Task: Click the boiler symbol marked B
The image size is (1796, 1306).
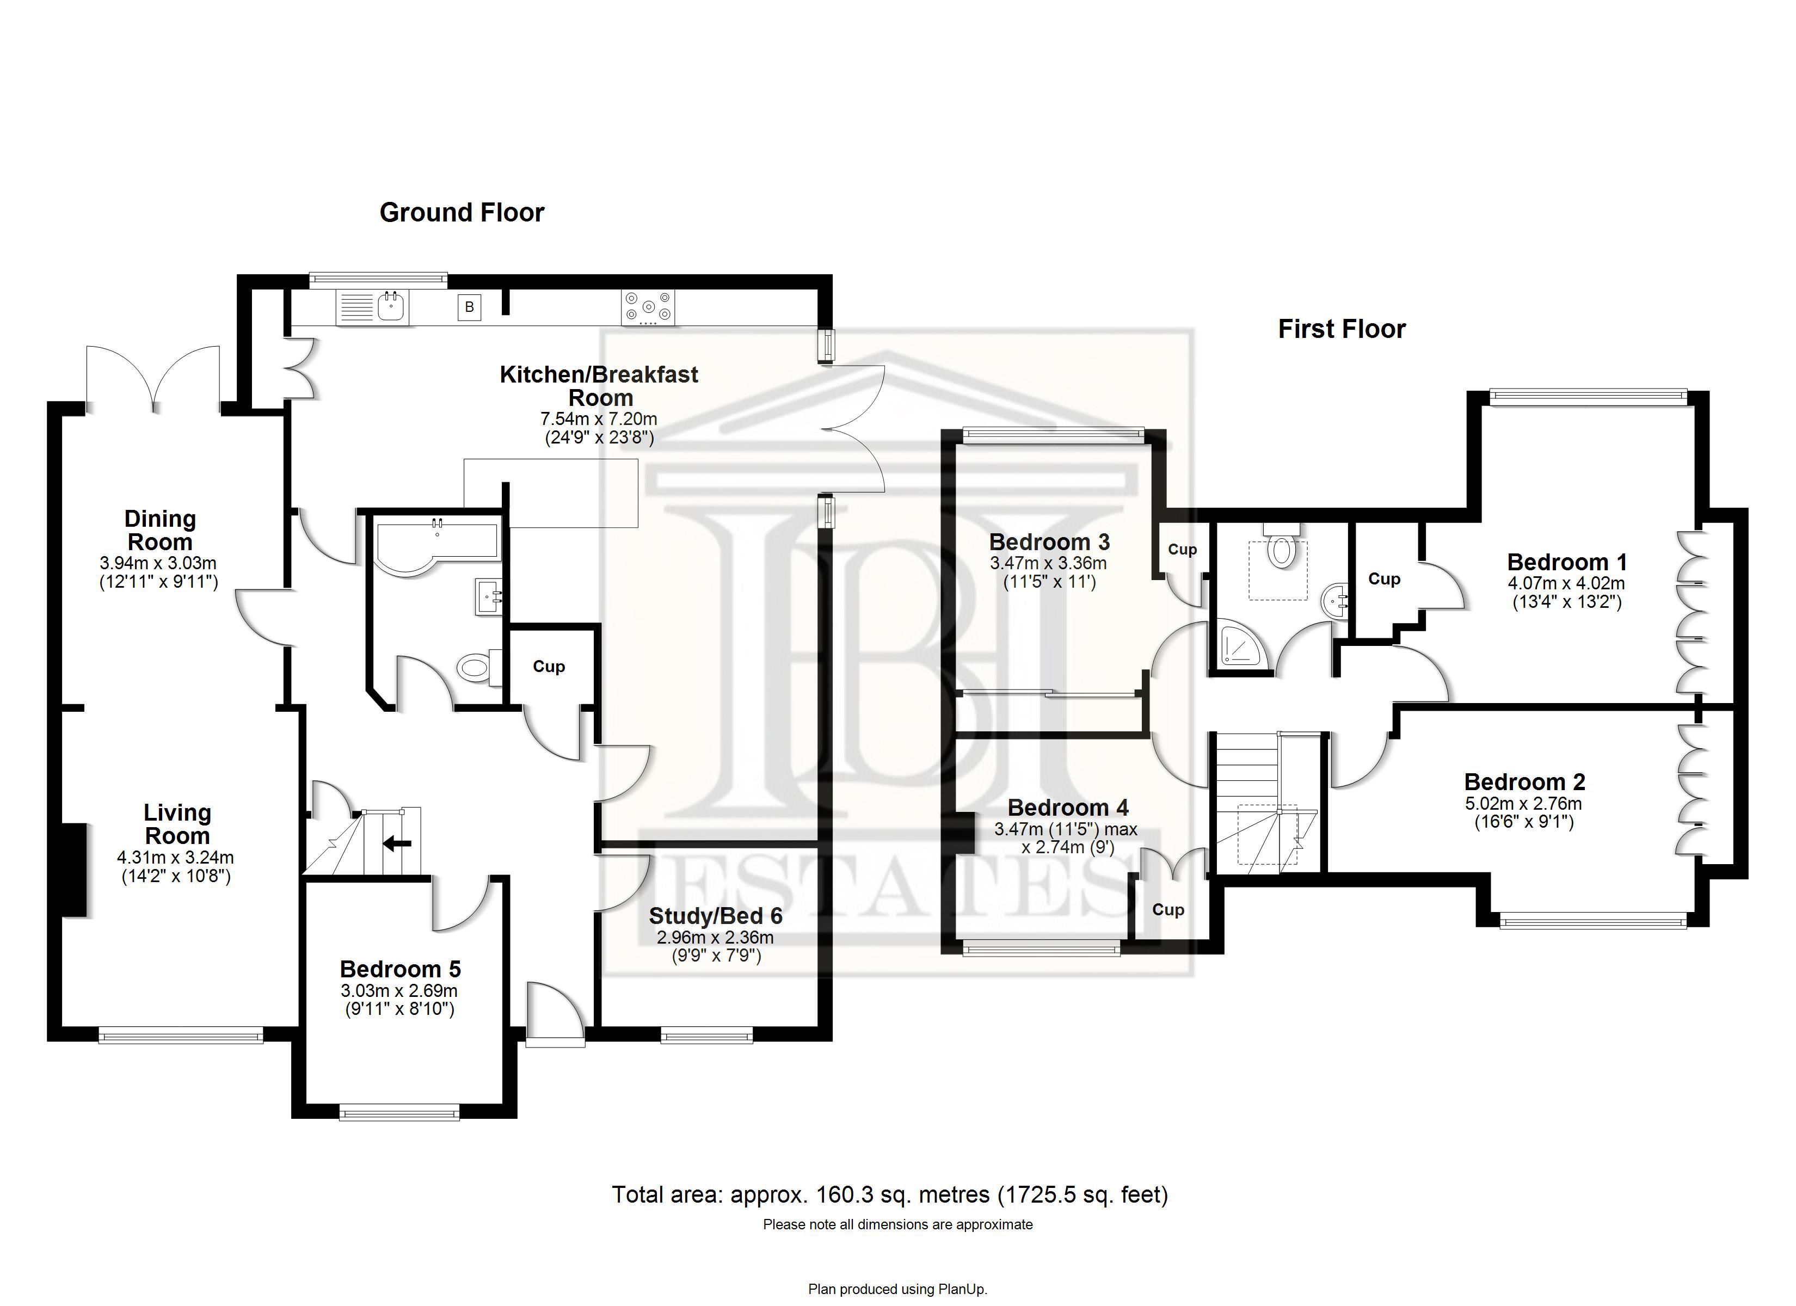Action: click(469, 306)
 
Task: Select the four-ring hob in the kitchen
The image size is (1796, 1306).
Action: click(649, 307)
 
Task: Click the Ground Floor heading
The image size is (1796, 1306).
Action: click(463, 212)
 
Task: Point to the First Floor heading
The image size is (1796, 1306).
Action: click(1342, 329)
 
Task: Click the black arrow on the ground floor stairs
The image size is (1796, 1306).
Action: click(397, 843)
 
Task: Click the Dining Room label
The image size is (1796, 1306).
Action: click(160, 531)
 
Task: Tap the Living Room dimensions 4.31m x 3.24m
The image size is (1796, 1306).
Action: click(176, 857)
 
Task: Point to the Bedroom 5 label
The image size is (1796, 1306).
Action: click(400, 969)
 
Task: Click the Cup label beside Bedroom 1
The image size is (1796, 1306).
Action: click(1384, 579)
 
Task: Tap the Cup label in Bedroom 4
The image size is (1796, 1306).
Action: click(1168, 909)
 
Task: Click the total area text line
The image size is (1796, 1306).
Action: click(890, 1194)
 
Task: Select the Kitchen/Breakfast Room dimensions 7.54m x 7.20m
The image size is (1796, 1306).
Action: click(599, 418)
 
